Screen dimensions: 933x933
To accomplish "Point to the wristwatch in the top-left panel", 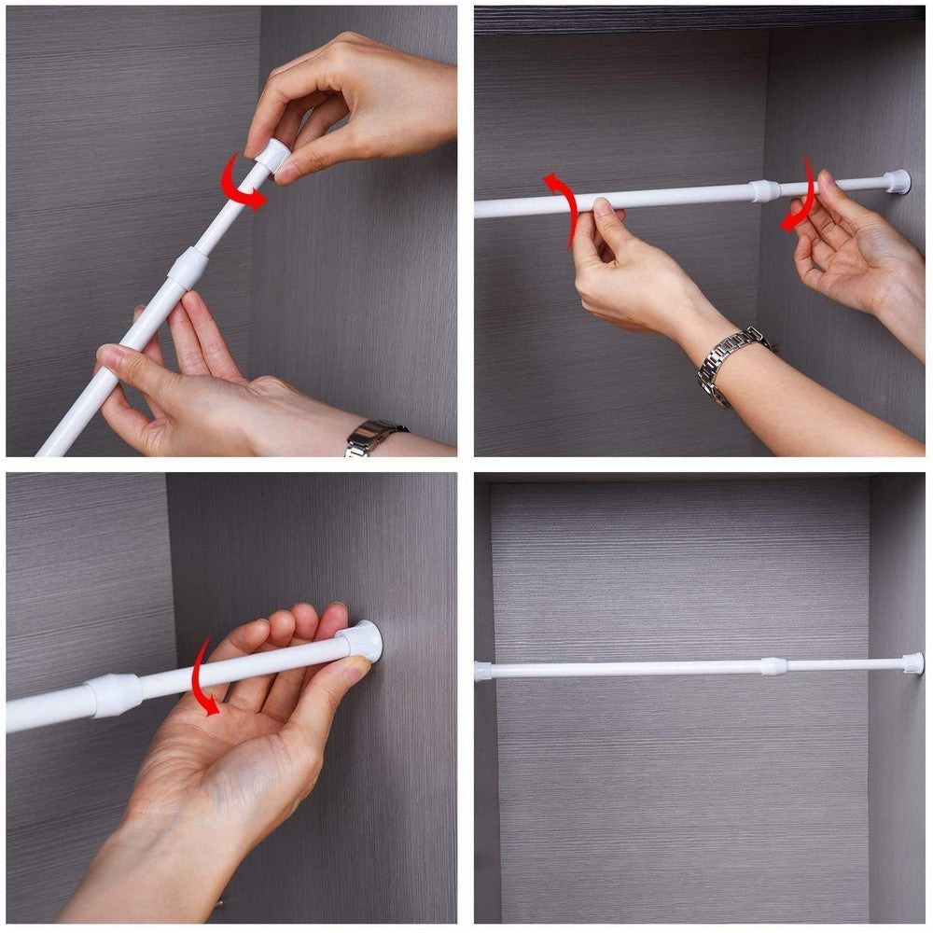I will [373, 438].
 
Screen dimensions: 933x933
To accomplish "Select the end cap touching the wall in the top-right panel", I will [898, 181].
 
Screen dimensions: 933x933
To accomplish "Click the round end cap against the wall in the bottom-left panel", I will [363, 642].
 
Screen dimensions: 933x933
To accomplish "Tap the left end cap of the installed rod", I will [482, 671].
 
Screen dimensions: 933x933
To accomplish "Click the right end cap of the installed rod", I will [912, 663].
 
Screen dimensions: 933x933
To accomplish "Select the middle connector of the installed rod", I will [773, 666].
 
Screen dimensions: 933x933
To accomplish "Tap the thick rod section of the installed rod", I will [625, 669].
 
